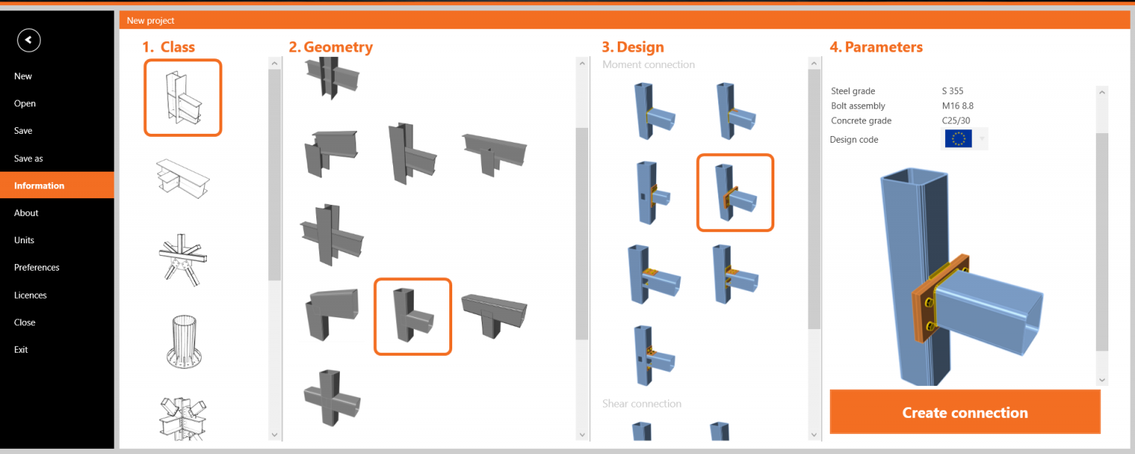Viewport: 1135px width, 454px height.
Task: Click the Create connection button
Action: (x=964, y=413)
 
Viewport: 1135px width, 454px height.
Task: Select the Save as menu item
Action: (x=29, y=158)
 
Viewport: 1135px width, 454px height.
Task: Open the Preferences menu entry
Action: (x=36, y=268)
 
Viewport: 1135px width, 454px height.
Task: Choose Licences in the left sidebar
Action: (x=30, y=295)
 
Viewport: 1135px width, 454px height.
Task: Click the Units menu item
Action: (x=24, y=240)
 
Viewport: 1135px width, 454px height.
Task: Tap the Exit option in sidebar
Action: (x=21, y=350)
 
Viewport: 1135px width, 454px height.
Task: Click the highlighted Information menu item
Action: (x=39, y=186)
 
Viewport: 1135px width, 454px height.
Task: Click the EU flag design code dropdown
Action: (x=965, y=139)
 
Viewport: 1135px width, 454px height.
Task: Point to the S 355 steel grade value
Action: (x=952, y=91)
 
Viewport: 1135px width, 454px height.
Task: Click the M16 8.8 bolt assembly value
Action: (x=957, y=106)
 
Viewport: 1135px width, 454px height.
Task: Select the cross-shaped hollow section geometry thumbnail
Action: (x=332, y=397)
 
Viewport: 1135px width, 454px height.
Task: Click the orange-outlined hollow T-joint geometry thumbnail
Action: (x=412, y=316)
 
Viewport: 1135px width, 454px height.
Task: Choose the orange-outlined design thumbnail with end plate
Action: (x=734, y=192)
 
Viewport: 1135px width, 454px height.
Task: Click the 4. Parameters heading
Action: (x=876, y=47)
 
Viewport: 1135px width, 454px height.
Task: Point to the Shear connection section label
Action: (x=641, y=404)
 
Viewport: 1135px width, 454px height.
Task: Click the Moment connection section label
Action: (x=648, y=64)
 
